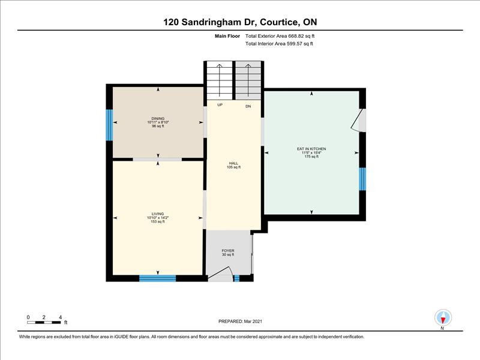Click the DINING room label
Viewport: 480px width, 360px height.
(158, 118)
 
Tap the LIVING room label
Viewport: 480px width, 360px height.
(158, 214)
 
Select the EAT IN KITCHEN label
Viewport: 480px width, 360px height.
(311, 149)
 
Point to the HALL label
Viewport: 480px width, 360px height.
(233, 163)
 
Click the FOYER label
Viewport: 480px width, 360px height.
(228, 251)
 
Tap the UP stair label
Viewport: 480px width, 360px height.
(220, 105)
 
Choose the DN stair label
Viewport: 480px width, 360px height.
(248, 107)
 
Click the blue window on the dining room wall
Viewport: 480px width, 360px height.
(109, 125)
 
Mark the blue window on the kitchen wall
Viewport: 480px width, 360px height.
(362, 179)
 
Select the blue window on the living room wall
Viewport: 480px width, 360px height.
(158, 278)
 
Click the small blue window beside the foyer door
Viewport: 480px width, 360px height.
(236, 278)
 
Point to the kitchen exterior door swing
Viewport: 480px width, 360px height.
(356, 119)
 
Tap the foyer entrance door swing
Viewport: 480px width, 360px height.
(221, 272)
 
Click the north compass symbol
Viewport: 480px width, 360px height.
(443, 318)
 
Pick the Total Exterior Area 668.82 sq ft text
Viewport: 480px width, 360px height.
(280, 36)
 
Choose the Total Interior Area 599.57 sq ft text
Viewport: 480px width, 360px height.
(279, 43)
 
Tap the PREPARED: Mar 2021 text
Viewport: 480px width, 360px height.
(241, 322)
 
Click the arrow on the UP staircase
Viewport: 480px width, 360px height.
(220, 80)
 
